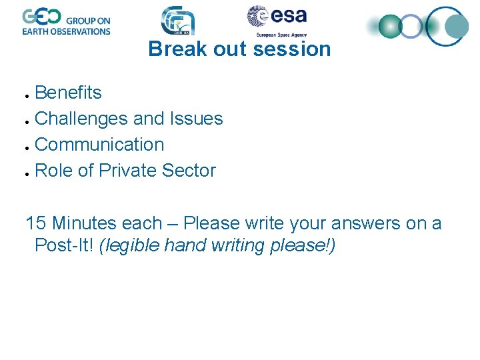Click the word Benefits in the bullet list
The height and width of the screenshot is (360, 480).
pos(68,92)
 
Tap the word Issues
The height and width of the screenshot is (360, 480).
pos(196,119)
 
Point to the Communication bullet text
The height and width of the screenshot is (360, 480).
pos(99,145)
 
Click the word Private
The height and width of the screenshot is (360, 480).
pos(126,171)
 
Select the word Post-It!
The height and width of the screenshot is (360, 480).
pos(64,245)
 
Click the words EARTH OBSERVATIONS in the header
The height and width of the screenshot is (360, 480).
pos(66,31)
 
